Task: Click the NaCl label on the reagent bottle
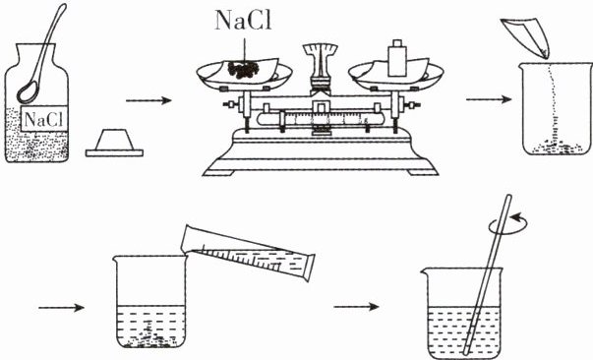point(44,119)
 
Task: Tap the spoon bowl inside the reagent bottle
point(28,92)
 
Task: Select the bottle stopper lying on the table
point(114,143)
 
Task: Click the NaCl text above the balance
point(243,21)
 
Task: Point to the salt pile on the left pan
point(243,70)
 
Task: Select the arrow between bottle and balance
point(148,100)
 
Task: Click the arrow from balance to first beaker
point(489,99)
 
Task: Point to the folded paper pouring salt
point(526,37)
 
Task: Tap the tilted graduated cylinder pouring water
point(248,251)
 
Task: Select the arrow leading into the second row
point(61,308)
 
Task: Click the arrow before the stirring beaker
point(356,307)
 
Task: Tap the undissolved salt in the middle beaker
point(151,337)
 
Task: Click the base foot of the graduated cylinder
point(309,268)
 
